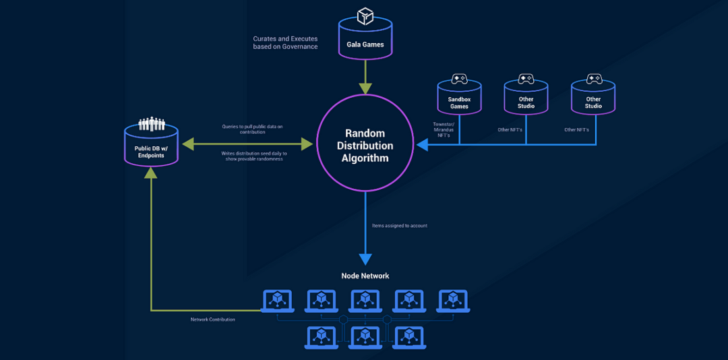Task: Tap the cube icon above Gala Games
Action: click(x=365, y=16)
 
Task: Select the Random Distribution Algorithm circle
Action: click(x=365, y=145)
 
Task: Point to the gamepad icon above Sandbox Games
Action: click(x=459, y=79)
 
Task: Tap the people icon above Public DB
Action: click(x=151, y=124)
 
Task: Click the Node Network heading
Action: click(x=365, y=276)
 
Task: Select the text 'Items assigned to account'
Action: click(x=400, y=225)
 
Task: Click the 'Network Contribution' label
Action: click(x=213, y=320)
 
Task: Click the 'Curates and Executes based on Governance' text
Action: click(x=285, y=42)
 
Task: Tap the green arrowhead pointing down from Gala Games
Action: click(x=365, y=88)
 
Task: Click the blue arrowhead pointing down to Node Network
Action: click(x=365, y=259)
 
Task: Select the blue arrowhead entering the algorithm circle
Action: click(x=423, y=144)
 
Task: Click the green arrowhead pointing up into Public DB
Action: click(x=151, y=172)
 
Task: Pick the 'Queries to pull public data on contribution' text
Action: click(x=252, y=129)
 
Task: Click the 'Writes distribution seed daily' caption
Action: click(x=252, y=156)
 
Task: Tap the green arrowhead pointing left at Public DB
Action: click(x=188, y=144)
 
